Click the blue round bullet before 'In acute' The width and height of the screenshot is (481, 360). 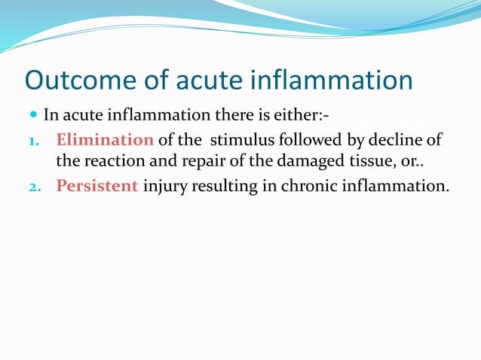[x=32, y=117]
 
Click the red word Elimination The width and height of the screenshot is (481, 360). [x=105, y=140]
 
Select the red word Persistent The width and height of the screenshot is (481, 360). [x=97, y=185]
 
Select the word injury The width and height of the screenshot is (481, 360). [x=164, y=185]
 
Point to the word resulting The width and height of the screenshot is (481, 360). [x=225, y=185]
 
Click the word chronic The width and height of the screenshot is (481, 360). [x=308, y=185]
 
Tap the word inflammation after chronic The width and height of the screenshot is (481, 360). [x=392, y=185]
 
